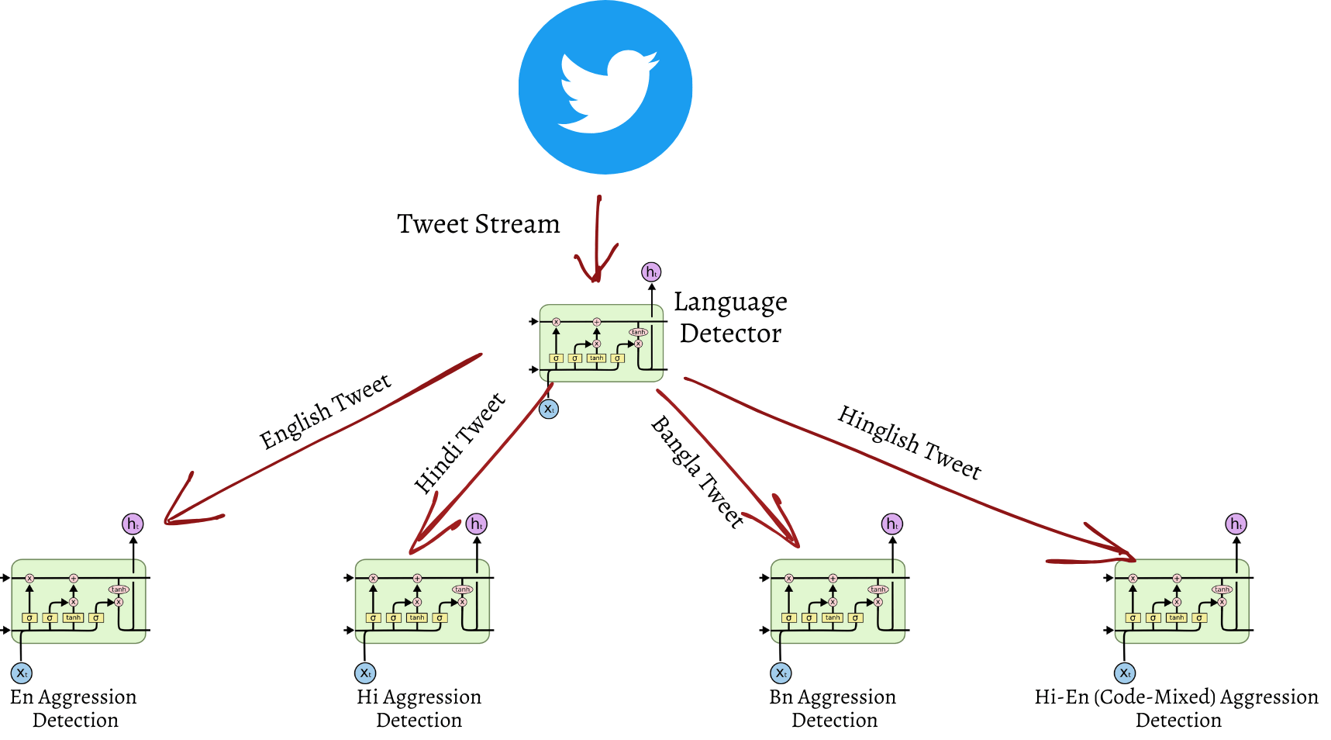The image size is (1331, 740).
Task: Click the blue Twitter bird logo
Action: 605,88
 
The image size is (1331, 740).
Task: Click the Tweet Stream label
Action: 478,224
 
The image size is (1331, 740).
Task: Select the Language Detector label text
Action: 730,317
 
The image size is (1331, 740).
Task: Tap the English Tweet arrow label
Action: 326,411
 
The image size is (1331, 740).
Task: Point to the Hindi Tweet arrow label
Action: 460,443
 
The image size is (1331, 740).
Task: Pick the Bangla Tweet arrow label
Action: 697,472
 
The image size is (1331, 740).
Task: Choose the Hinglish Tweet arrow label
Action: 909,442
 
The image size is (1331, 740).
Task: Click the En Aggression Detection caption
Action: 74,708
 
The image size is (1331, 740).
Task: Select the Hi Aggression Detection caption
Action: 419,708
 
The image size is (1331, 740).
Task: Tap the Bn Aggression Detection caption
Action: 833,708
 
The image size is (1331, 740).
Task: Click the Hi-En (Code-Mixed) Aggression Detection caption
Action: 1177,708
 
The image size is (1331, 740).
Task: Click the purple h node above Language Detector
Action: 651,272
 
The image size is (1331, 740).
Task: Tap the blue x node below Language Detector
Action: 549,409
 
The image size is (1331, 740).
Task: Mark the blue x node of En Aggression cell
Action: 22,673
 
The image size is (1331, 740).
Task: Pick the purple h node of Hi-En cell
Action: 1236,524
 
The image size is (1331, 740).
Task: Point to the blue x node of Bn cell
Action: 781,673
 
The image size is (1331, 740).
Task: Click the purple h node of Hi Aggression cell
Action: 477,524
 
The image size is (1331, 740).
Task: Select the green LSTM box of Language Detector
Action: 602,343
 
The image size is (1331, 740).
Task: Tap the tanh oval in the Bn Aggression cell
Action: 878,590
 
